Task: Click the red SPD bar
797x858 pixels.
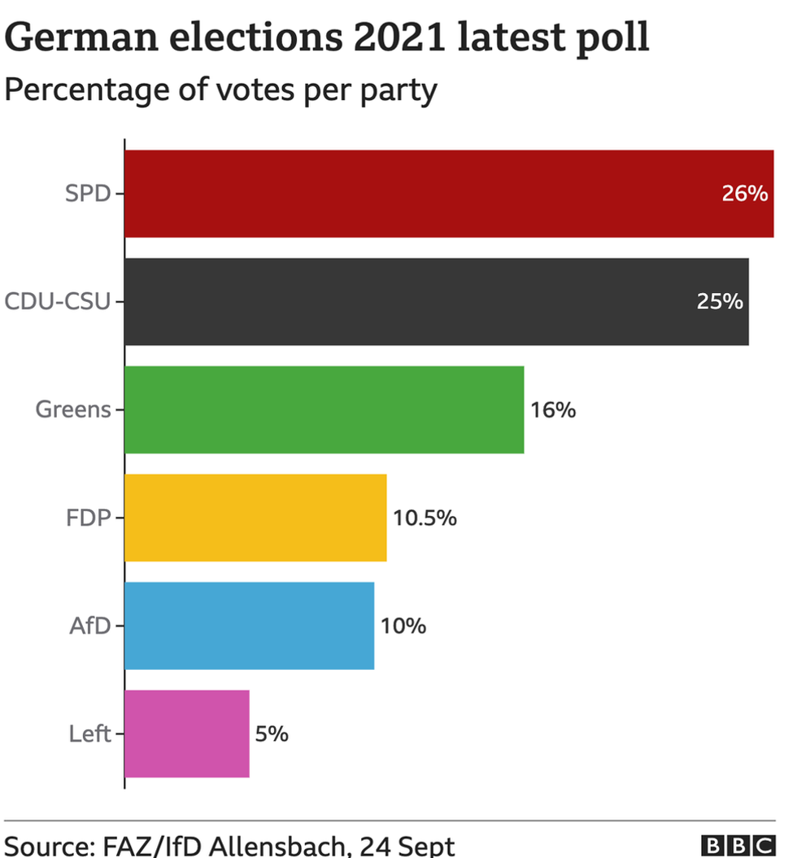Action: point(447,194)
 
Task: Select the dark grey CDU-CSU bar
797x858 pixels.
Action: point(436,302)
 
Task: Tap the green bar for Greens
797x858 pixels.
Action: point(324,409)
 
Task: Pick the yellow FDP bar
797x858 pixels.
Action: point(255,518)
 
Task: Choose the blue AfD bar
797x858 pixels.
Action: point(249,626)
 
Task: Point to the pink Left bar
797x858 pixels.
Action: point(187,733)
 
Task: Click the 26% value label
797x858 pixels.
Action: point(744,194)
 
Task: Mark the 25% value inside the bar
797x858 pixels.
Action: point(720,302)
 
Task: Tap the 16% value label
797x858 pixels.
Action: point(553,410)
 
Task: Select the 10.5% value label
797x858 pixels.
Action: point(425,518)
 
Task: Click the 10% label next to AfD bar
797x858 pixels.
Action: point(403,626)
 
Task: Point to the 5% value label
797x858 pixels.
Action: point(272,734)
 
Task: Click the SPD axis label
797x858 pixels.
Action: point(87,195)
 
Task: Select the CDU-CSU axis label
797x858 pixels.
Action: point(58,302)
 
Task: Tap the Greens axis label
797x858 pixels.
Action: point(73,409)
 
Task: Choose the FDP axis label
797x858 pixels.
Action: point(88,518)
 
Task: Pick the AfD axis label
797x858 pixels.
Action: point(89,626)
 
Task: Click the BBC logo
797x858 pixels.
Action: point(738,845)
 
